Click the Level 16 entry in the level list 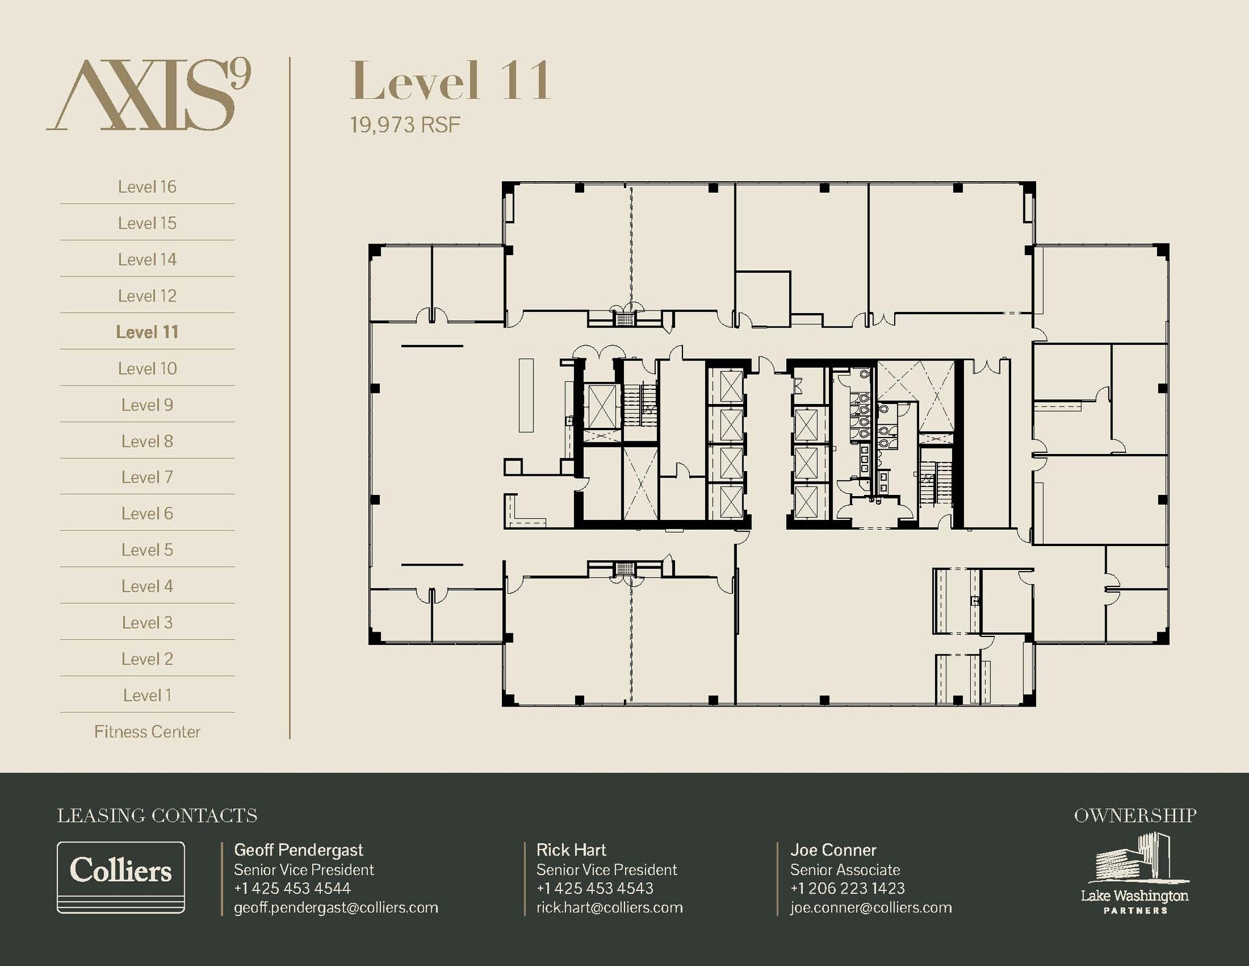pyautogui.click(x=147, y=187)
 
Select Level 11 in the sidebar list pyautogui.click(x=147, y=332)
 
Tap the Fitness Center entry pyautogui.click(x=147, y=732)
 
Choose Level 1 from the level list pyautogui.click(x=147, y=695)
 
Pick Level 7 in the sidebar pyautogui.click(x=147, y=477)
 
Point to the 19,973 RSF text pyautogui.click(x=405, y=125)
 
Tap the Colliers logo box pyautogui.click(x=121, y=878)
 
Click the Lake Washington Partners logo pyautogui.click(x=1134, y=873)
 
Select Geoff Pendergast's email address pyautogui.click(x=336, y=907)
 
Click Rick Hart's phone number pyautogui.click(x=595, y=889)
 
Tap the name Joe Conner pyautogui.click(x=833, y=850)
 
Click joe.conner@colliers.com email pyautogui.click(x=871, y=907)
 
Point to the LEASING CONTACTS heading pyautogui.click(x=157, y=816)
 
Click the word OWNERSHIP pyautogui.click(x=1135, y=816)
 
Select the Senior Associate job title pyautogui.click(x=845, y=870)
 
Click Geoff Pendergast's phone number pyautogui.click(x=292, y=889)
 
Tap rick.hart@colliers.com pyautogui.click(x=609, y=907)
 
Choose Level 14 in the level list pyautogui.click(x=147, y=259)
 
